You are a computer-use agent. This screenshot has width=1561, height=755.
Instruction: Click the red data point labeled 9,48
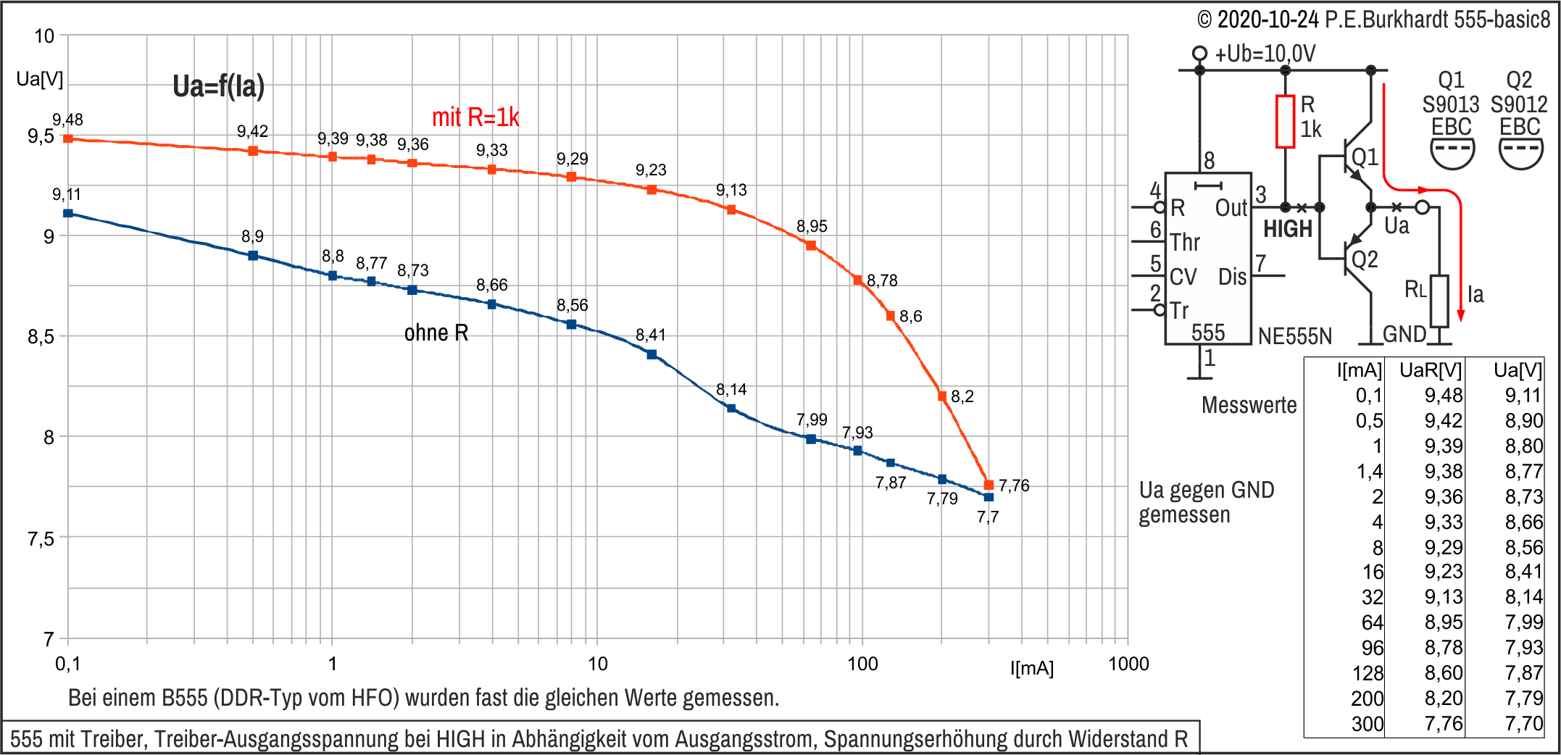[68, 138]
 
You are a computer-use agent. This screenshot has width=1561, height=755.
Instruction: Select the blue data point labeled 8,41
[652, 354]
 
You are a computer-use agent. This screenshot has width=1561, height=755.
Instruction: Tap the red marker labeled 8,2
[942, 396]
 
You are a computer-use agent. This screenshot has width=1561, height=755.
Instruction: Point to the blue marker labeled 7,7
[988, 497]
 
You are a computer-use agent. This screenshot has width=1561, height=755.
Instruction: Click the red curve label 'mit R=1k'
[475, 117]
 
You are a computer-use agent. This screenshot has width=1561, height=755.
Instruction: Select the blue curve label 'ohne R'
[436, 333]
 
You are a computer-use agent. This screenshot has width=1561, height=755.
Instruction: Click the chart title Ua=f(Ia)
[218, 86]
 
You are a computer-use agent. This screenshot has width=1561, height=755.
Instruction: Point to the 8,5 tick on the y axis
[41, 337]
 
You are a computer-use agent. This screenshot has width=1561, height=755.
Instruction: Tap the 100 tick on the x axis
[862, 664]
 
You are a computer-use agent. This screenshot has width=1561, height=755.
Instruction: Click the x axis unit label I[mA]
[1032, 668]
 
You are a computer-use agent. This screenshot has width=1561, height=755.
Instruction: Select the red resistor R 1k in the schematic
[1285, 121]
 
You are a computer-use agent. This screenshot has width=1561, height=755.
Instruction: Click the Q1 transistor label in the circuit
[1365, 157]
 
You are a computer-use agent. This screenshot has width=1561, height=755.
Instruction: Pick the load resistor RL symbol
[1439, 301]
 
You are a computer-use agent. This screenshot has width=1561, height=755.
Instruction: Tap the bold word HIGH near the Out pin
[1288, 230]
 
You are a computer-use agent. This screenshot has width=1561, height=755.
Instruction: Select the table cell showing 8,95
[1444, 622]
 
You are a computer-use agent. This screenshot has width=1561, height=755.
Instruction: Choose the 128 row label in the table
[1368, 673]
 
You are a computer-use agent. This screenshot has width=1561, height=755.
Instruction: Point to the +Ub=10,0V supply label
[1265, 54]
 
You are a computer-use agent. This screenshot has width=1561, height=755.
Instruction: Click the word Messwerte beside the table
[1249, 404]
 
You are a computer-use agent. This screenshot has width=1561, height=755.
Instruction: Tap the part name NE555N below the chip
[1295, 336]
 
